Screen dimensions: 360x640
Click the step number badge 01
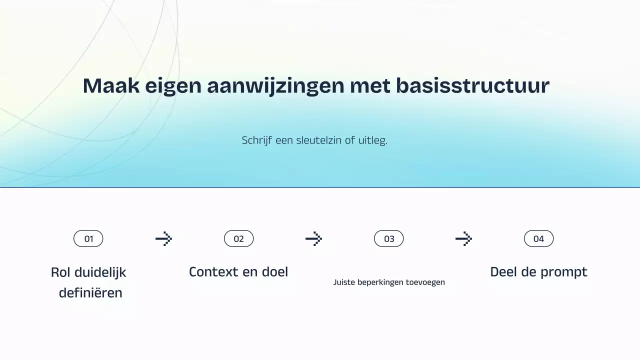tap(88, 239)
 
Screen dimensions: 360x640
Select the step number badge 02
tap(238, 239)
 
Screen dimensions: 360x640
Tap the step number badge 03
tap(389, 239)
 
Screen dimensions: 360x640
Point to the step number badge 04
tap(538, 239)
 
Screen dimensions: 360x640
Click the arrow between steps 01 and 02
tap(163, 239)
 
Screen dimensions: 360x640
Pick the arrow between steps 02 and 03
tap(313, 239)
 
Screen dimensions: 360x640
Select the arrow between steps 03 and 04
tap(463, 239)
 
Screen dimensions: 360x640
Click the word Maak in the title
tap(111, 86)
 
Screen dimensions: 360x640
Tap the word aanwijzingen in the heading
tap(275, 86)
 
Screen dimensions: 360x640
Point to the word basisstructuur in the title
tap(472, 86)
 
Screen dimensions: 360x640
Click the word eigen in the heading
tap(173, 86)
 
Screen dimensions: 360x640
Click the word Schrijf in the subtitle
tap(256, 140)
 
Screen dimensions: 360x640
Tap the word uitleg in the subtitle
tap(372, 140)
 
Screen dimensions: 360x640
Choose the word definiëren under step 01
tap(90, 293)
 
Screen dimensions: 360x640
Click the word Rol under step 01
tap(60, 272)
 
